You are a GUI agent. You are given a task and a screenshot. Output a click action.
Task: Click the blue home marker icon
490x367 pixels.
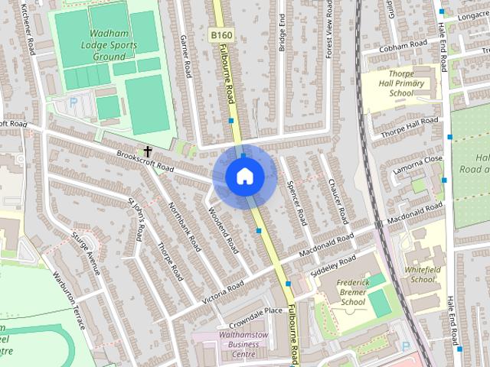point(244,176)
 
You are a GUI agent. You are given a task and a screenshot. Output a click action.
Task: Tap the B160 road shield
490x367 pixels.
point(220,35)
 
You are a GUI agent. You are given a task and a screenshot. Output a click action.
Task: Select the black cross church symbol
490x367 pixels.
point(146,151)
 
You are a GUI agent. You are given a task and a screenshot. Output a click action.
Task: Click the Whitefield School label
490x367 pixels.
point(422,274)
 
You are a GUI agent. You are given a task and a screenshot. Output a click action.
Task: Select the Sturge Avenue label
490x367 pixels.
point(85,252)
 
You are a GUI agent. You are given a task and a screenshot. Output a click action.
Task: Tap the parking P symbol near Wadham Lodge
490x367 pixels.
point(73,101)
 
